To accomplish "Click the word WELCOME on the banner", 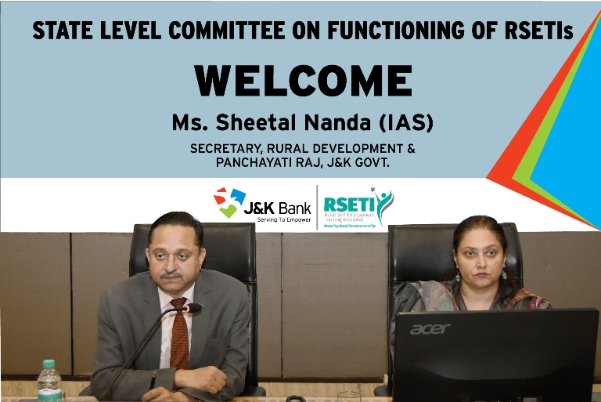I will [x=304, y=81].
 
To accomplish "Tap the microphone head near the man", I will [x=190, y=309].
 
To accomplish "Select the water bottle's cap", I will [x=49, y=364].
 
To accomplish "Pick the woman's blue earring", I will [x=459, y=276].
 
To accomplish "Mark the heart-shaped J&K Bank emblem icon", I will [x=229, y=202].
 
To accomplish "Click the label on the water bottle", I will [x=49, y=391].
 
